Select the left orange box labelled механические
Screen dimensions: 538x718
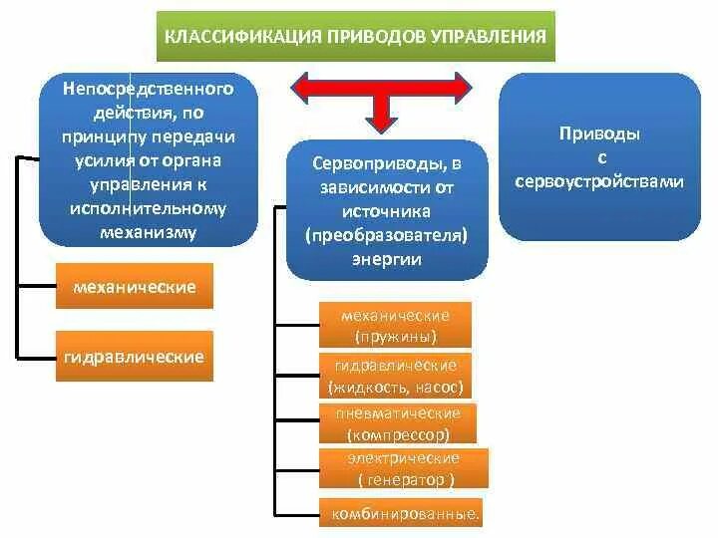tap(135, 287)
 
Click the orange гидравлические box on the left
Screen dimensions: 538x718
tap(134, 357)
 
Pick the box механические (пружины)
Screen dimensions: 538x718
tap(395, 325)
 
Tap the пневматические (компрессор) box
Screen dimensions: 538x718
tap(397, 423)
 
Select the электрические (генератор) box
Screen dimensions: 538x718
tap(404, 469)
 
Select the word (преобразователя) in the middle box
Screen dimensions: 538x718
tap(387, 235)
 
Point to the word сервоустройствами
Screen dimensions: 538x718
tap(600, 182)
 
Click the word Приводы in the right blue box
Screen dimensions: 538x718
tap(600, 134)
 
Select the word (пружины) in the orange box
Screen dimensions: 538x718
tap(395, 336)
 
